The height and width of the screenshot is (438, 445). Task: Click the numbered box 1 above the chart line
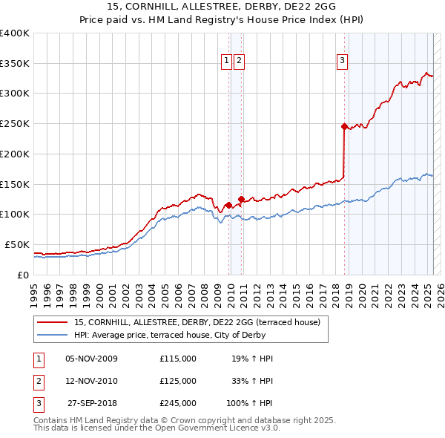[x=226, y=62]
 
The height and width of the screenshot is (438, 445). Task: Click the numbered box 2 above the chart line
[x=240, y=62]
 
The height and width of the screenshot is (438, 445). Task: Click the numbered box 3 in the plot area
[x=343, y=62]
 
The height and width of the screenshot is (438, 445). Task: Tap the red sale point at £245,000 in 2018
[x=344, y=127]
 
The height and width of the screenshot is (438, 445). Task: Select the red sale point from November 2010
[x=242, y=198]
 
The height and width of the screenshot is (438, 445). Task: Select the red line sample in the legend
[x=52, y=323]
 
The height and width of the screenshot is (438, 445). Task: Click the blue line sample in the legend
[x=52, y=335]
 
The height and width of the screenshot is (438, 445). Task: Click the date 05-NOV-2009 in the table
[x=92, y=359]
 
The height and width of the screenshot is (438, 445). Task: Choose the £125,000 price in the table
[x=178, y=381]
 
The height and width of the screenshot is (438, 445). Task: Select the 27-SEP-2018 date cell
[x=92, y=403]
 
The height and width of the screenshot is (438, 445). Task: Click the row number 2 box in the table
[x=39, y=381]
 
